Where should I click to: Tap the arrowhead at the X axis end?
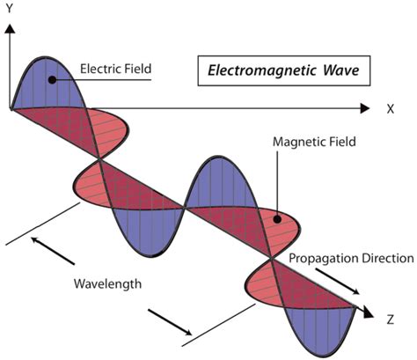[364, 109]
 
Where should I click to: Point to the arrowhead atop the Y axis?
[11, 28]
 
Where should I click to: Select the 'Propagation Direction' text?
[351, 258]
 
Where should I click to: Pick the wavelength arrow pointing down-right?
[171, 321]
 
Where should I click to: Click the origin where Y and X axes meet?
[11, 109]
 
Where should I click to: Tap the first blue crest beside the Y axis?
[40, 84]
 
